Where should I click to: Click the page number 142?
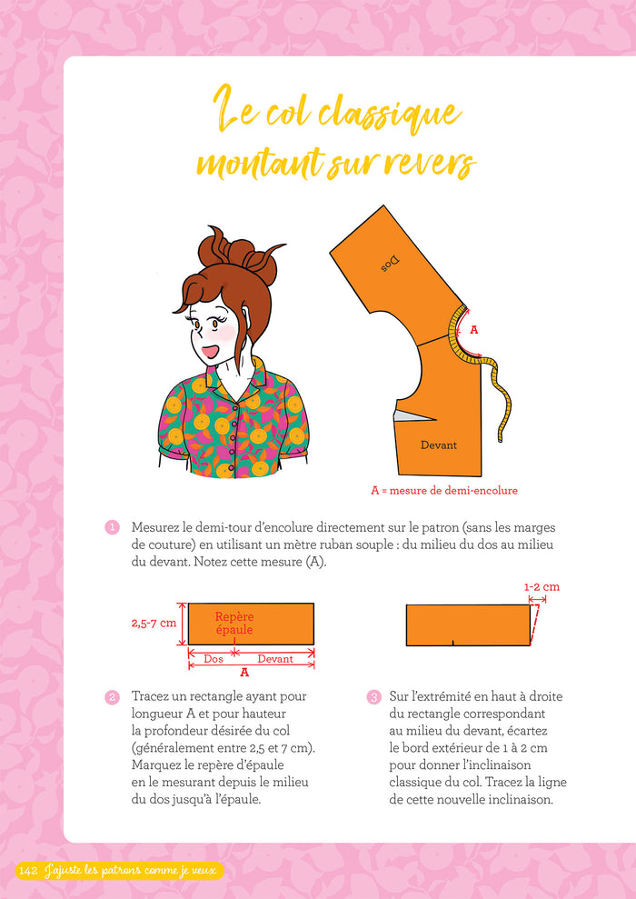click(29, 871)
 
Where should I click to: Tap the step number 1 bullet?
click(113, 527)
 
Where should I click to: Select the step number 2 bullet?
click(113, 697)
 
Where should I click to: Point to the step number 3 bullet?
click(373, 697)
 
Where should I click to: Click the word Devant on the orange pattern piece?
click(438, 445)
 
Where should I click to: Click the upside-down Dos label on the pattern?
click(391, 265)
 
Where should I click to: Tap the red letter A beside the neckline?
click(474, 330)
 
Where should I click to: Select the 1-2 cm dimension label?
click(542, 587)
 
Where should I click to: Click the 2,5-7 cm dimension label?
click(154, 624)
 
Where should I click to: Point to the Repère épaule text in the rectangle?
click(234, 624)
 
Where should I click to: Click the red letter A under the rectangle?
click(244, 673)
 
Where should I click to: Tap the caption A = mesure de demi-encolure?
click(444, 491)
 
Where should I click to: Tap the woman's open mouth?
click(210, 350)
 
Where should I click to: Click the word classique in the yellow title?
click(390, 113)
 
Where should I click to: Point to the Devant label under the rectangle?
click(275, 659)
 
